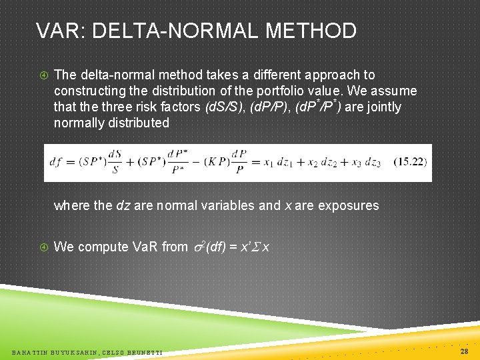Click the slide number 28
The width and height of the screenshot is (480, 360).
pos(463,351)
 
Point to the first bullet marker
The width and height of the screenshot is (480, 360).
pos(42,75)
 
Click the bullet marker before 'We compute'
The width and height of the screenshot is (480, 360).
pos(42,247)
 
